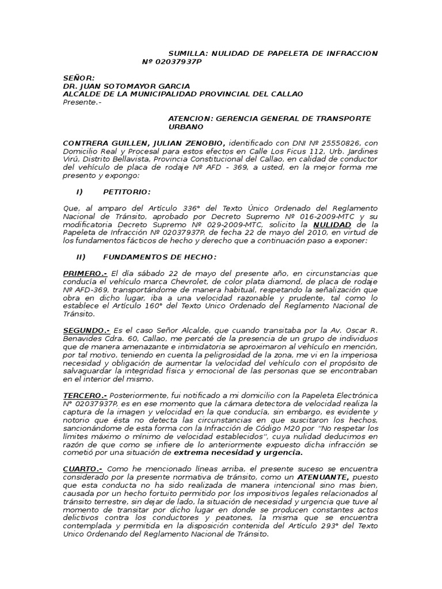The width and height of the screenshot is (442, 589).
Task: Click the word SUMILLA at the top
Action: tap(188, 53)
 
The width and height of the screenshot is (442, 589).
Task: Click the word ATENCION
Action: tap(189, 118)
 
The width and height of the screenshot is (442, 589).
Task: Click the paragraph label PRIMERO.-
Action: tap(85, 273)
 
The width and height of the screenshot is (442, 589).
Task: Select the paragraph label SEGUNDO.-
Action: tap(86, 331)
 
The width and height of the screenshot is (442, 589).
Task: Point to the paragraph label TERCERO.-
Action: tap(85, 396)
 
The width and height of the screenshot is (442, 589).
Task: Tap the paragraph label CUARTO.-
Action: tap(82, 470)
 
